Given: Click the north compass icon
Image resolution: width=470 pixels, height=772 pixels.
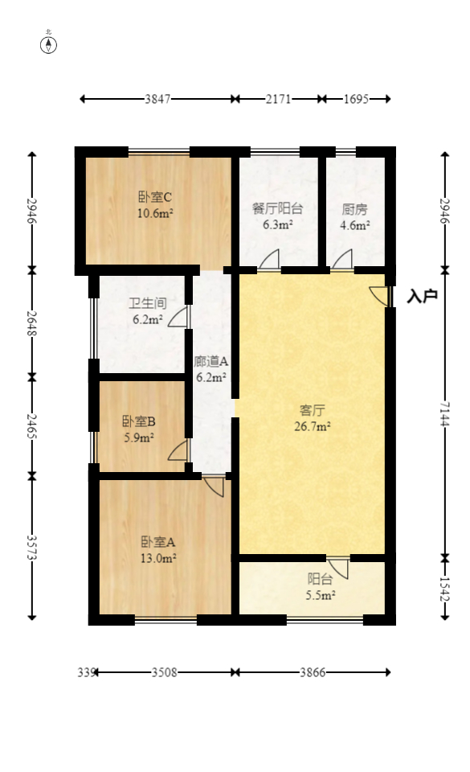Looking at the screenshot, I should click(x=49, y=44).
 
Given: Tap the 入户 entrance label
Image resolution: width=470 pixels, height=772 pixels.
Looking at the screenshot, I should click(x=422, y=297).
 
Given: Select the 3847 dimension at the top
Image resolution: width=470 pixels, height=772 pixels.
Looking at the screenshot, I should click(x=157, y=99).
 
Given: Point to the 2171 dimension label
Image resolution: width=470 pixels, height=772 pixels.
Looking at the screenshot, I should click(x=279, y=99).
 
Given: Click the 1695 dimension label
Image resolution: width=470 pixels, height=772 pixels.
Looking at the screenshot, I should click(x=355, y=99).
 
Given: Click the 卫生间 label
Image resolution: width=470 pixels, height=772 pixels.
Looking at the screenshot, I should click(x=148, y=303).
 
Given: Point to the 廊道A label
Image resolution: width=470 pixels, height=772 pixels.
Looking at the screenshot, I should click(x=210, y=361).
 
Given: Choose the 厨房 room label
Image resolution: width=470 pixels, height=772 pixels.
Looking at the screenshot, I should click(x=354, y=209).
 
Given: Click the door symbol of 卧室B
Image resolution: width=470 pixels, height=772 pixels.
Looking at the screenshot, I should click(x=178, y=450).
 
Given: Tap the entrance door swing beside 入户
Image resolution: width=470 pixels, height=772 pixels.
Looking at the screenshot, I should click(x=378, y=294).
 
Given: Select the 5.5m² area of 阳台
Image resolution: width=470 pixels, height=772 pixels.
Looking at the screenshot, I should click(x=320, y=595).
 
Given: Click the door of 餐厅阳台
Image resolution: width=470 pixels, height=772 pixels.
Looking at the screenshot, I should click(x=268, y=260).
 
